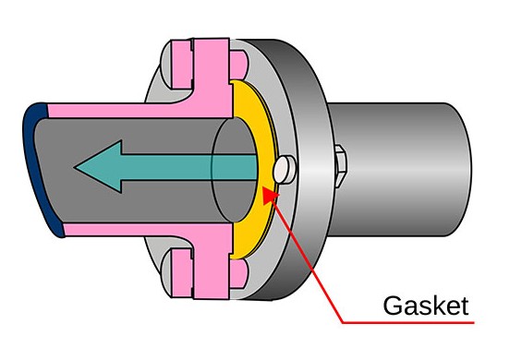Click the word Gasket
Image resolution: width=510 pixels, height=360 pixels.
(428, 306)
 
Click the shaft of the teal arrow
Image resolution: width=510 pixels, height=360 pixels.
(185, 165)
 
